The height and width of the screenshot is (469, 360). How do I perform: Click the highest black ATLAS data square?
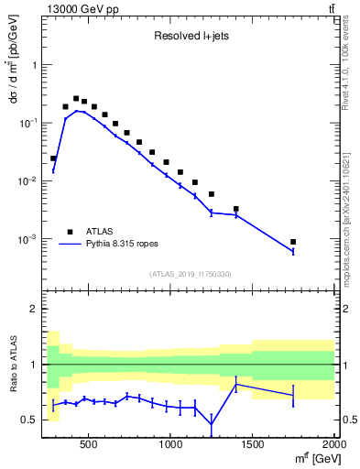click(x=76, y=99)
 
